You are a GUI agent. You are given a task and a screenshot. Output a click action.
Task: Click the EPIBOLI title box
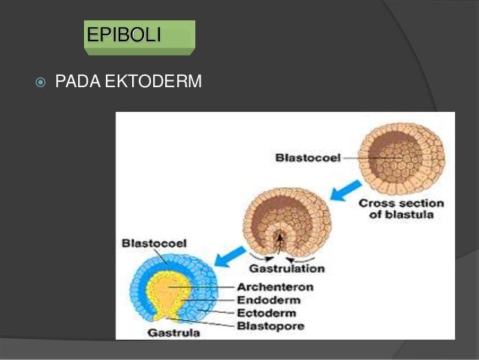139,36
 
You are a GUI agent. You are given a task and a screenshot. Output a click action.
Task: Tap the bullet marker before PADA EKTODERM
41,81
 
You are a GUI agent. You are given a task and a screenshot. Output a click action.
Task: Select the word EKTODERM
153,81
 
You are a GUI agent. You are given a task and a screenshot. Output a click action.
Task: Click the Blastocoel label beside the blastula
308,158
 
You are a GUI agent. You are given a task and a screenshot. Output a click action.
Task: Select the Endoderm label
268,299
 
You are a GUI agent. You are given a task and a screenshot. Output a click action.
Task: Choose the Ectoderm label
266,313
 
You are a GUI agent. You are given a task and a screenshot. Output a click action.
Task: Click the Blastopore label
270,325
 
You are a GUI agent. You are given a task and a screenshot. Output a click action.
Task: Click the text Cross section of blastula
401,209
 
